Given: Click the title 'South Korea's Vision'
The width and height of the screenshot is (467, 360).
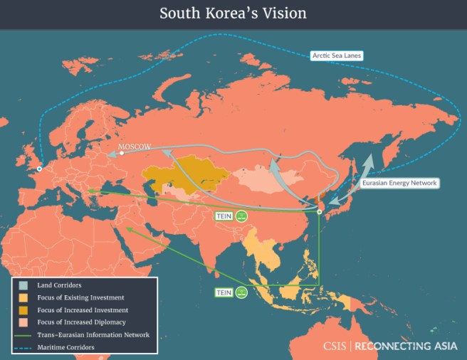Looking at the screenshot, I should click(233, 14).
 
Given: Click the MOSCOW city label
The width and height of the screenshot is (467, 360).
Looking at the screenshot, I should click(135, 146).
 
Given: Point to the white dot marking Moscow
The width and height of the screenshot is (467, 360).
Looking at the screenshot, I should click(122, 152).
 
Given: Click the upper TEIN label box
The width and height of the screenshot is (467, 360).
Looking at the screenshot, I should click(224, 216).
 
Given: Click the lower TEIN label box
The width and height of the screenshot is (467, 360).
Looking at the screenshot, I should click(224, 292).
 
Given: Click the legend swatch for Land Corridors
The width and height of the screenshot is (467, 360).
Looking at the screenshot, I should click(23, 285).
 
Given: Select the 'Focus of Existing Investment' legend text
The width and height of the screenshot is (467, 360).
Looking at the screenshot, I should click(79, 297).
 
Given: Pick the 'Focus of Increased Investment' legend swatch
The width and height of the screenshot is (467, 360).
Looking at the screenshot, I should click(23, 310).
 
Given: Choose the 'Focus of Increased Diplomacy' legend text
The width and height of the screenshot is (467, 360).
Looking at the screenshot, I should click(79, 322).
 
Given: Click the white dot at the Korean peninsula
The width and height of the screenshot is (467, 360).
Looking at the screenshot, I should click(319, 211).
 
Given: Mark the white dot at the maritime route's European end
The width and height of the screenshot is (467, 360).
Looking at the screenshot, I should click(39, 169).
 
